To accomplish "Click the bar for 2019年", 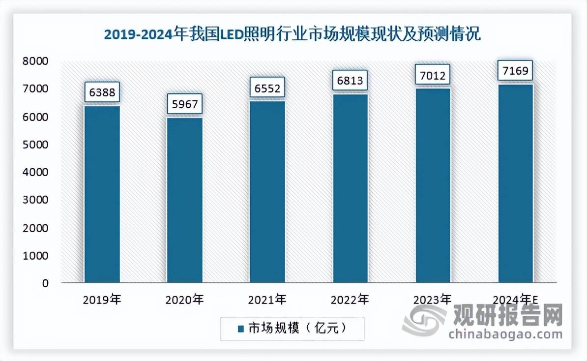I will (x=102, y=194).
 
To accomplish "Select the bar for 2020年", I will (x=184, y=200).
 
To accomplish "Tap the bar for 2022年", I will (x=350, y=188).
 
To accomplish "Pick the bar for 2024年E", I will (x=516, y=183).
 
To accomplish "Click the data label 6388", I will (x=102, y=92).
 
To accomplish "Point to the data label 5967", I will (x=184, y=104).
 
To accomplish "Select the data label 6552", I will (x=267, y=88).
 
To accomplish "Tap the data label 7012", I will (x=433, y=76).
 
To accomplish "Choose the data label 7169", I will (x=516, y=72).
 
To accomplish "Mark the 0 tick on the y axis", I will (x=45, y=283).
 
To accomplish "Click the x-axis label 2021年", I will (x=267, y=299).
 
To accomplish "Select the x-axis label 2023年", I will (x=433, y=299).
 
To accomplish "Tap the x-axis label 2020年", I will (x=184, y=299).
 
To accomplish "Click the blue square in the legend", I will (x=240, y=329).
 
